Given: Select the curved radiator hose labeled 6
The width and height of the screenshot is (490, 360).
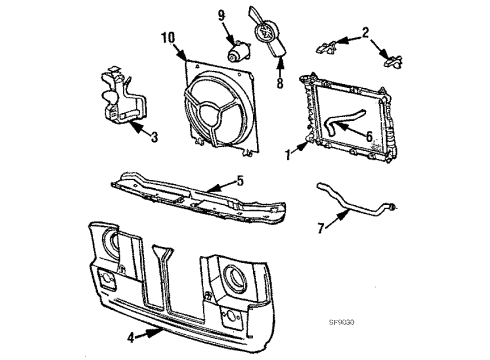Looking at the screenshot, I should [341, 125].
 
